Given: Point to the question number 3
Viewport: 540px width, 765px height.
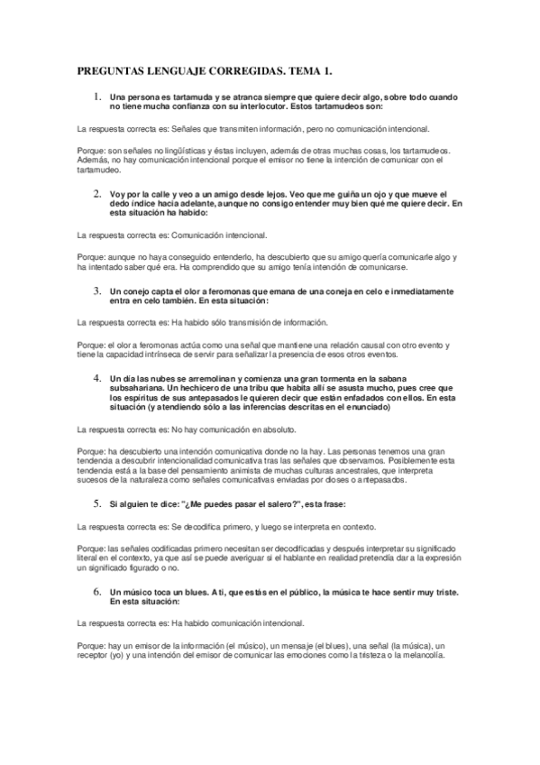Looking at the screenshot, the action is (x=97, y=291).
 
